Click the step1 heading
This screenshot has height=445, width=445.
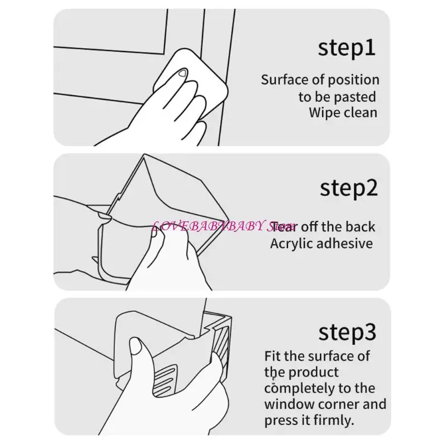tap(347, 48)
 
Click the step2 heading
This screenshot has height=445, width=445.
tap(349, 188)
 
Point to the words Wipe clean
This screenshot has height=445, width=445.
tap(343, 112)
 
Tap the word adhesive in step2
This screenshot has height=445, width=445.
tap(345, 244)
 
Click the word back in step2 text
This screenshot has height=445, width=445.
tap(360, 227)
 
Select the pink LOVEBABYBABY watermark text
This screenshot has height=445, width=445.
tap(217, 226)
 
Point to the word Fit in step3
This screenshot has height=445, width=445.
tap(273, 355)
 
